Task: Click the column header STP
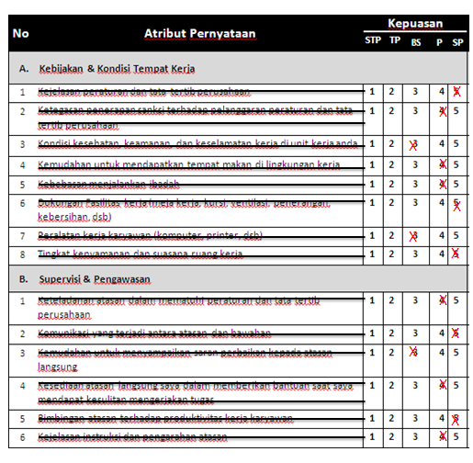(x=373, y=40)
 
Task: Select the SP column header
(x=457, y=40)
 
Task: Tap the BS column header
(x=416, y=40)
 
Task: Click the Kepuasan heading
(x=415, y=22)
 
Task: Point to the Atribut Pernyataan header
(x=199, y=34)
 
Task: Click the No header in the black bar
(x=21, y=34)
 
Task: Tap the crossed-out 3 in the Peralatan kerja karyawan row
(x=415, y=236)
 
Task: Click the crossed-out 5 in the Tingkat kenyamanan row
(x=456, y=254)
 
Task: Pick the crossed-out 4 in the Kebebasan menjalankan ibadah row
(x=442, y=183)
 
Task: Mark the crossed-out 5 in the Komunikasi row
(x=456, y=333)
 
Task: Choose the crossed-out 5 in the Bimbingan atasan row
(x=456, y=419)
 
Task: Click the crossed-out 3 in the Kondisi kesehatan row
(x=415, y=144)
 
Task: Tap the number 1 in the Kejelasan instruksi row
(x=372, y=436)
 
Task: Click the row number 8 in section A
(x=22, y=254)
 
